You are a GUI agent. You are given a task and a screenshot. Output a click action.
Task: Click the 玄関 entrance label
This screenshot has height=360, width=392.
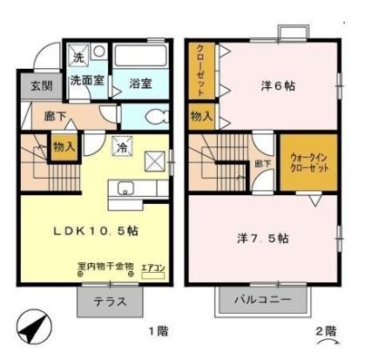[x=29, y=85]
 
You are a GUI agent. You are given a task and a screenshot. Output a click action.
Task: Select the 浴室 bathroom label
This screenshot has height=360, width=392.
[x=141, y=84]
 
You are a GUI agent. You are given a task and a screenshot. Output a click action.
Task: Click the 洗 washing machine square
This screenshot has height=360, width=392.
[x=78, y=58]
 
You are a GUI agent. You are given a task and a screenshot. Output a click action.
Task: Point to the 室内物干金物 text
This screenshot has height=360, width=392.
[x=105, y=266]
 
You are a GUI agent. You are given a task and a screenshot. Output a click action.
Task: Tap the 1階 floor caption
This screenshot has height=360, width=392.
[x=156, y=331]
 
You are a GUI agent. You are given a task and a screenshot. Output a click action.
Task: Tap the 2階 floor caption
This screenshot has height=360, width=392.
[x=325, y=331]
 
